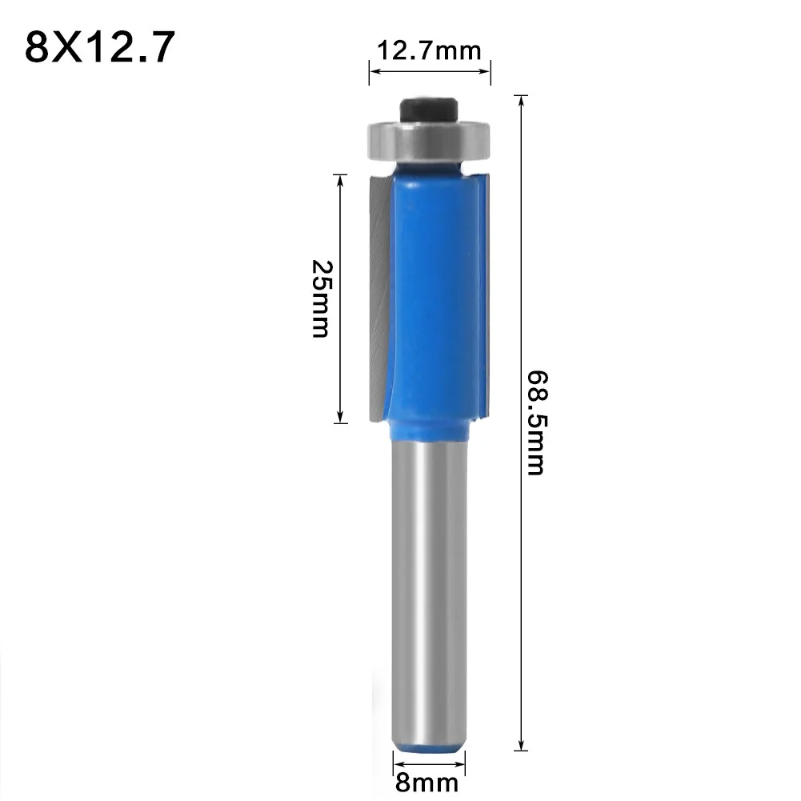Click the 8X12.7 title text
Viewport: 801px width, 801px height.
99,48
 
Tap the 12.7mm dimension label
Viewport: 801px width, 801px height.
429,52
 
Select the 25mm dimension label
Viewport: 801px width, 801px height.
320,298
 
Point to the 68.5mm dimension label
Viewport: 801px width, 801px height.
535,422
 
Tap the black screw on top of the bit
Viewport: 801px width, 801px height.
430,110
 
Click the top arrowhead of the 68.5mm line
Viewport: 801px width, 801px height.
522,100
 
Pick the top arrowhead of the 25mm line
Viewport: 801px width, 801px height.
342,179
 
